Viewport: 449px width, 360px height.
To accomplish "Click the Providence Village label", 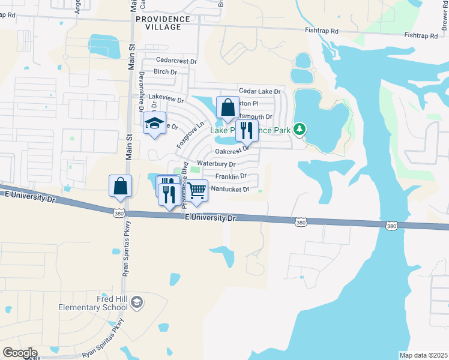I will click(x=163, y=23).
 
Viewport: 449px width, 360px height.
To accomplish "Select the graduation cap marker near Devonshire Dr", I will click(x=154, y=124).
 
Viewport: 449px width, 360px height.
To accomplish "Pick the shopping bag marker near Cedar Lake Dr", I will click(x=228, y=108).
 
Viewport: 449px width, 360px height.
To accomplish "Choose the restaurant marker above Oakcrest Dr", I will click(x=246, y=130).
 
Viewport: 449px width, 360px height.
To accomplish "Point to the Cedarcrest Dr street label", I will click(x=176, y=61).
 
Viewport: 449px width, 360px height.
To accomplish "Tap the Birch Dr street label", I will click(x=166, y=72).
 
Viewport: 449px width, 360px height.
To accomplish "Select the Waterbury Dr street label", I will click(x=217, y=164).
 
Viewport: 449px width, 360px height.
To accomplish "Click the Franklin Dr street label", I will click(x=231, y=177).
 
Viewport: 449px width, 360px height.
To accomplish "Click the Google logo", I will click(x=20, y=353).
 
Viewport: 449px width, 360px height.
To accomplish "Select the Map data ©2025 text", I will click(x=423, y=355).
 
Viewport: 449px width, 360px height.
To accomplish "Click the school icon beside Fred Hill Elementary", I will click(x=136, y=301).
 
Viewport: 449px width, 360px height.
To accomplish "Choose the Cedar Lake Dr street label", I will click(x=260, y=91).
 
